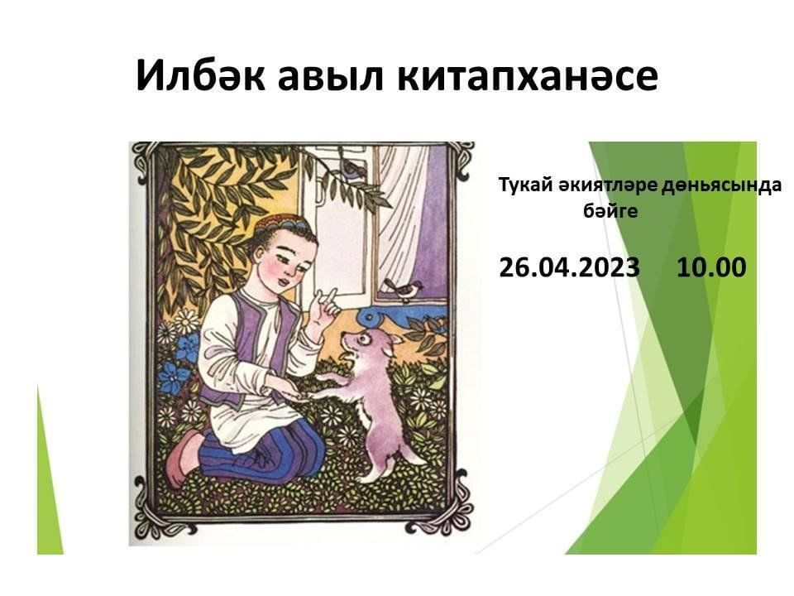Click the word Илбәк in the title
pyautogui.click(x=200, y=75)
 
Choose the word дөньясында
pyautogui.click(x=721, y=186)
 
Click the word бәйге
pyautogui.click(x=610, y=211)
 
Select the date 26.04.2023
pyautogui.click(x=570, y=267)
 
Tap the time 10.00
pyautogui.click(x=711, y=267)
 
